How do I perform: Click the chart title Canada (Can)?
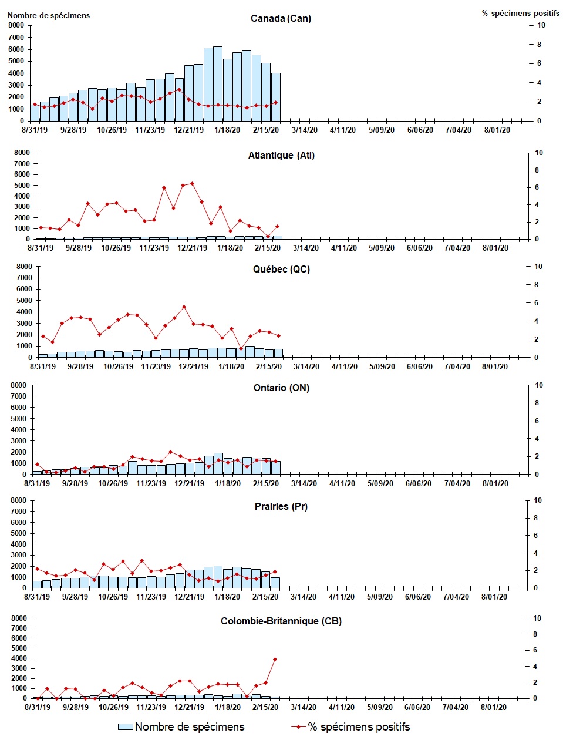(x=281, y=19)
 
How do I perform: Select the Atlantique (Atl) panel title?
(x=281, y=156)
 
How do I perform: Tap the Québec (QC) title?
(x=281, y=270)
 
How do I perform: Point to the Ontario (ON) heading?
(x=281, y=388)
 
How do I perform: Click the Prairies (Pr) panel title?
(x=281, y=506)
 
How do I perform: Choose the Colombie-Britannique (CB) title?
(x=281, y=621)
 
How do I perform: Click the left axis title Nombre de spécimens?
(x=49, y=16)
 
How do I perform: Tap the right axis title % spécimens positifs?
(x=520, y=14)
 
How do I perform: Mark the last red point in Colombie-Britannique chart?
(x=275, y=659)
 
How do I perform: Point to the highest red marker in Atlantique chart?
(x=192, y=184)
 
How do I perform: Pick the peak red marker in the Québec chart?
(x=184, y=307)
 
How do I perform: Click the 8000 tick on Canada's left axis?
(x=15, y=25)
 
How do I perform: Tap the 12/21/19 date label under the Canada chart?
(x=188, y=130)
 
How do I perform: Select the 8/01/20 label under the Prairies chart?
(x=494, y=597)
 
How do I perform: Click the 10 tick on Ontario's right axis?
(x=538, y=385)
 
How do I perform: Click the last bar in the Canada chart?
(x=275, y=97)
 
